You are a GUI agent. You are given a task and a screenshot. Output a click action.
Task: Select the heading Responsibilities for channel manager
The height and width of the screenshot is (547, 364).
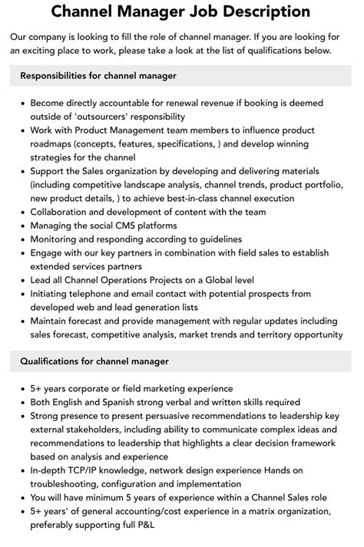tap(98, 75)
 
